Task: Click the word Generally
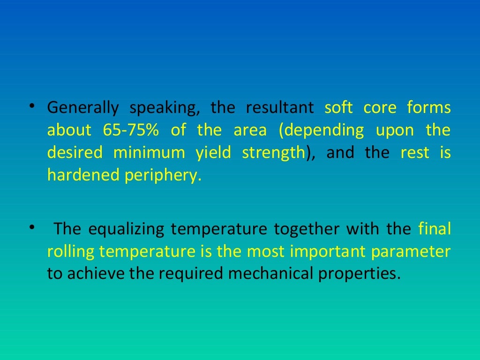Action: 82,108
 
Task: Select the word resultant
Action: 280,108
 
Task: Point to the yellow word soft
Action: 338,108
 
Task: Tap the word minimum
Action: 149,153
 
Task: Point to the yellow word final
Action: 434,230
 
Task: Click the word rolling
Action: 71,252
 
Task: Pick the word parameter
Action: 411,252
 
